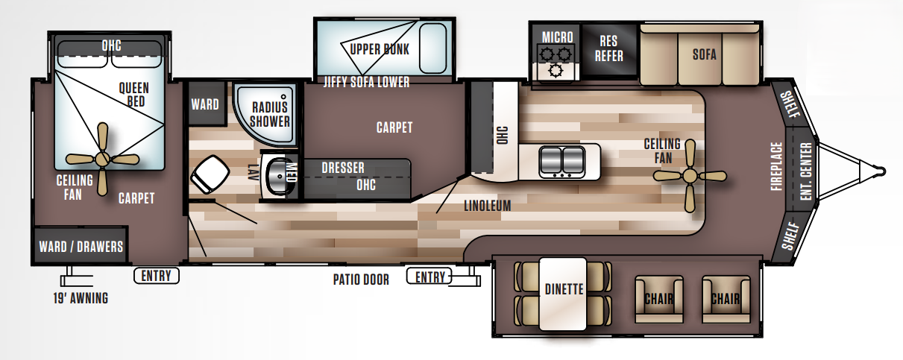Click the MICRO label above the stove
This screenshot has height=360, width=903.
(x=557, y=37)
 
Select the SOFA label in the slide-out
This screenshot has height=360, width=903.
(x=704, y=54)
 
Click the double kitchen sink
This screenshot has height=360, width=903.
(x=561, y=159)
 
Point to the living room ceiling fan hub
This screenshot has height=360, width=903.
(x=690, y=176)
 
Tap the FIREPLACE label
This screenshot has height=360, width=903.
(x=776, y=168)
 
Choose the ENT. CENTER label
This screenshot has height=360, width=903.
(x=806, y=174)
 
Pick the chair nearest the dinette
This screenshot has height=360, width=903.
(x=658, y=299)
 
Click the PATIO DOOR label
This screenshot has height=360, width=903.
(x=361, y=280)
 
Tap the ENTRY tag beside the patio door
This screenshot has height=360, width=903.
(x=430, y=277)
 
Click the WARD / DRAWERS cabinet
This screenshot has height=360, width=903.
(x=81, y=246)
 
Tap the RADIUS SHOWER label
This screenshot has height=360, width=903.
(x=269, y=113)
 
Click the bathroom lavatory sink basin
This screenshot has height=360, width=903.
(x=278, y=176)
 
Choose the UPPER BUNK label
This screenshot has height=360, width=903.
(x=380, y=50)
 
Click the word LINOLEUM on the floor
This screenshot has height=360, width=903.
(x=487, y=206)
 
